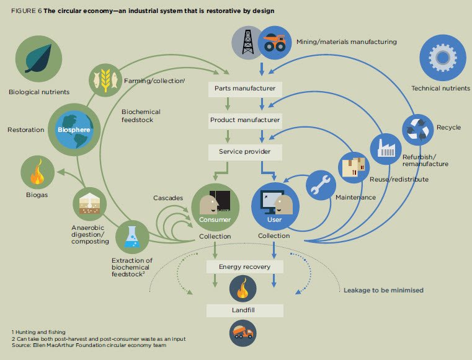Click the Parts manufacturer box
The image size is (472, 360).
pos(245,88)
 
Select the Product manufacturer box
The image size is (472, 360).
pos(245,119)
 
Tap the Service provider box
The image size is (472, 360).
pos(245,151)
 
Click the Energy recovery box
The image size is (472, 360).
pos(245,266)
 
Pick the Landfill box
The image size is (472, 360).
pos(245,310)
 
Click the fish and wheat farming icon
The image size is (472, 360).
pos(107,81)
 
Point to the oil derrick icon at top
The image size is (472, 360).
pos(249,43)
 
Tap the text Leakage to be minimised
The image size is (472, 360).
pos(383,289)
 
